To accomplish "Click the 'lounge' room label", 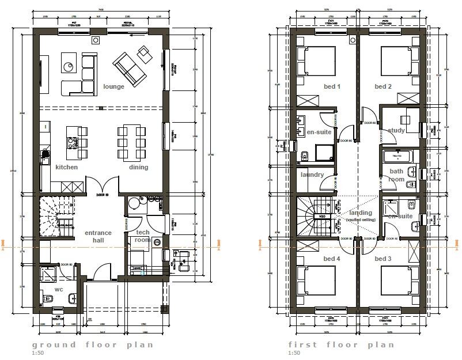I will [x=113, y=87].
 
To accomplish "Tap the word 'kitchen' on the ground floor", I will [x=66, y=168].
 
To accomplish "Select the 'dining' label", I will [x=138, y=168].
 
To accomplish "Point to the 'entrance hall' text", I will [x=98, y=236].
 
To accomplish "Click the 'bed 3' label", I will [x=383, y=259].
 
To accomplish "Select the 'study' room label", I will [x=396, y=131].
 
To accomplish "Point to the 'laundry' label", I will [x=312, y=175].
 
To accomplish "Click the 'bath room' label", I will [x=396, y=175].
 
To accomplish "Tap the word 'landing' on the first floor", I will [x=361, y=214].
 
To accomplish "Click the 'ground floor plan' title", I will [x=93, y=345].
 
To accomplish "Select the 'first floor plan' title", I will [x=341, y=345].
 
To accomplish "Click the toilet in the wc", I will [x=48, y=298].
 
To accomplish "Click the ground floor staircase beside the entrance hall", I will [x=57, y=216].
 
